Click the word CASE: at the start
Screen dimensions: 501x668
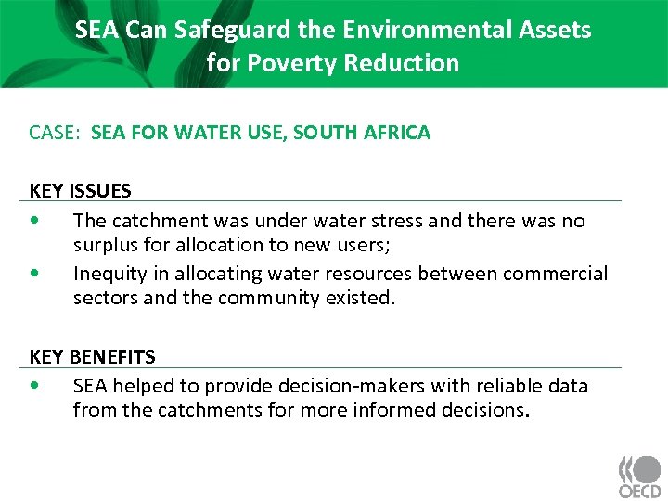[56, 133]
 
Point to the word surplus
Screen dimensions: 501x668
[109, 245]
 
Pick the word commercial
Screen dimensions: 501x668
[556, 274]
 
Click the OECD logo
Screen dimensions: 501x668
[639, 478]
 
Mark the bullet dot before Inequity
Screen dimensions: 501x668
[34, 274]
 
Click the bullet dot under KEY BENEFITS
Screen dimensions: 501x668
[34, 385]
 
